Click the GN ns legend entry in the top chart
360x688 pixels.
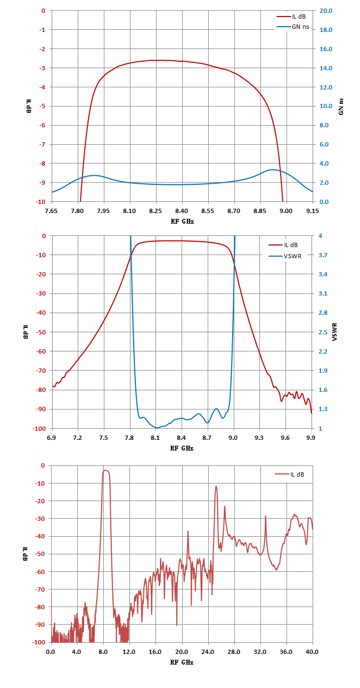click(293, 27)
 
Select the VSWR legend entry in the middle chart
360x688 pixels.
click(285, 256)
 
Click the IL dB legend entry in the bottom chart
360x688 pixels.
click(290, 474)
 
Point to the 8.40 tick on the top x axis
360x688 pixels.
click(182, 211)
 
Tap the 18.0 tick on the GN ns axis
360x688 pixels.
click(326, 30)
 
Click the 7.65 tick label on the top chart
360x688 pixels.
click(51, 211)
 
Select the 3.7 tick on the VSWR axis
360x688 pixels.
click(323, 255)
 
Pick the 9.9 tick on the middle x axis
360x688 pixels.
click(311, 438)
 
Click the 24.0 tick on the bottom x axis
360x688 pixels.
click(208, 652)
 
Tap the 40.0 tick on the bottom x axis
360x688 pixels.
click(312, 652)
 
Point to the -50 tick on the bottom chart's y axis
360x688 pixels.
click(40, 554)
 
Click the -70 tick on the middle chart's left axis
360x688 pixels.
click(40, 371)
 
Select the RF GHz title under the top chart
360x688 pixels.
click(182, 222)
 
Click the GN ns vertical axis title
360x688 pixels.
click(341, 107)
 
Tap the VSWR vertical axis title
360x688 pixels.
click(335, 332)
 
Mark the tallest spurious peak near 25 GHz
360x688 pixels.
click(216, 486)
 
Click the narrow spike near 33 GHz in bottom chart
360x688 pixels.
click(266, 516)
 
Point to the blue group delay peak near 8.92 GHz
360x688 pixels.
click(273, 169)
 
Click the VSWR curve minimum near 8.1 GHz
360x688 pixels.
click(157, 428)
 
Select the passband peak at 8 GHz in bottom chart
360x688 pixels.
click(105, 470)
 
